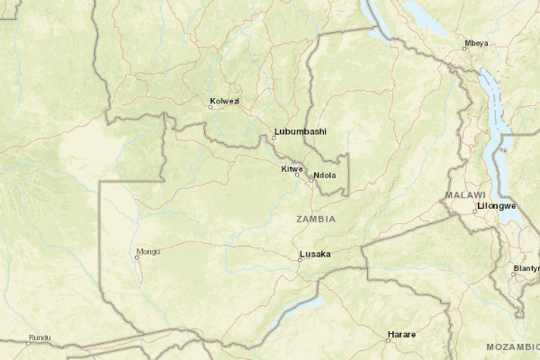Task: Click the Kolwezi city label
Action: (x=224, y=101)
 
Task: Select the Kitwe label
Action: (x=292, y=168)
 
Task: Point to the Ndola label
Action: (x=325, y=175)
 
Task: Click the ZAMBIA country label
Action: (x=315, y=219)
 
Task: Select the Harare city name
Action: (x=401, y=334)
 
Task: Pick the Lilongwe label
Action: (x=497, y=206)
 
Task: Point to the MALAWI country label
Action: (x=465, y=195)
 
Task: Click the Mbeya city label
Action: (x=476, y=43)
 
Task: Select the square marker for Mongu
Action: (x=137, y=257)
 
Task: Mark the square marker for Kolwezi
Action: (x=211, y=107)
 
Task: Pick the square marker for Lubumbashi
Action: (x=274, y=138)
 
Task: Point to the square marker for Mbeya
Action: (x=464, y=49)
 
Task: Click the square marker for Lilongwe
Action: (x=476, y=212)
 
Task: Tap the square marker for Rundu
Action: (x=28, y=343)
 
